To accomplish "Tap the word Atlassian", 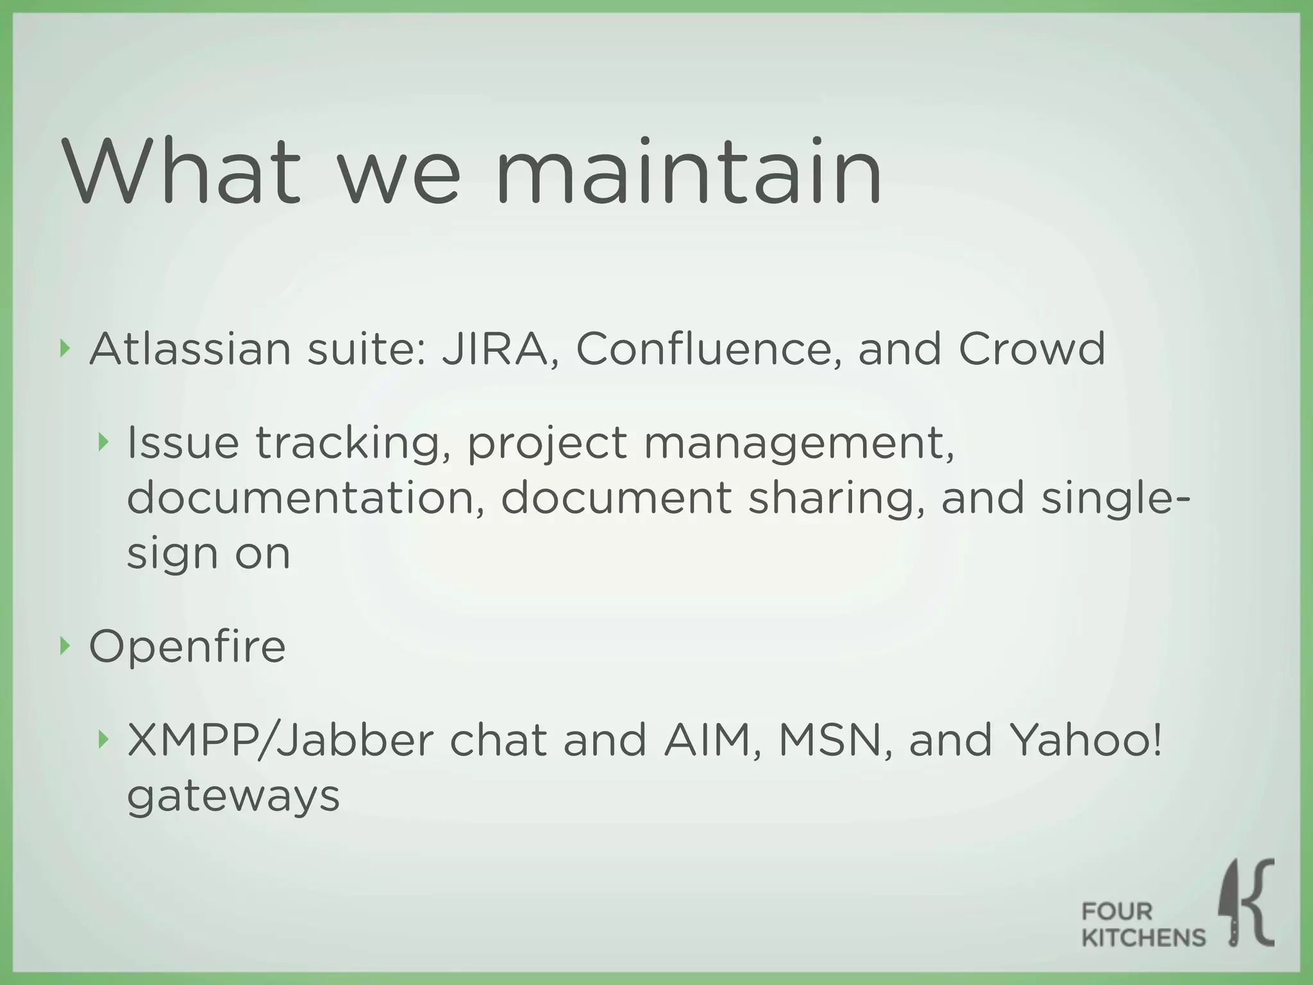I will pyautogui.click(x=190, y=349).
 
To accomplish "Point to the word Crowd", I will pyautogui.click(x=1032, y=349).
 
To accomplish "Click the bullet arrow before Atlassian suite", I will pyautogui.click(x=64, y=348).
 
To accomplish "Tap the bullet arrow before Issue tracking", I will pyautogui.click(x=103, y=442).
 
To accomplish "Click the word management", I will pyautogui.click(x=798, y=444).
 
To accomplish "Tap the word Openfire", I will pyautogui.click(x=187, y=647).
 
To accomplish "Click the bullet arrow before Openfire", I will pyautogui.click(x=64, y=646).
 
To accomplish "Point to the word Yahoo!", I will pyautogui.click(x=1085, y=740).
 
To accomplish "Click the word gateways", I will pyautogui.click(x=233, y=797).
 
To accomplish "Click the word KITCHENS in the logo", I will pyautogui.click(x=1143, y=938).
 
